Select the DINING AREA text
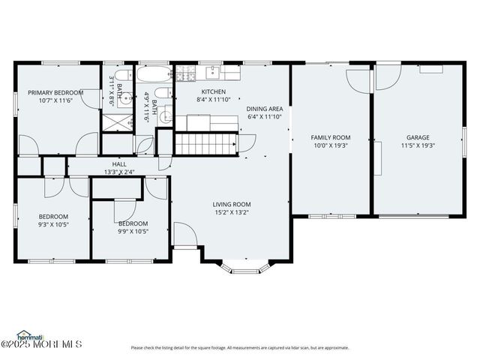265,109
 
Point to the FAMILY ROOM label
331,137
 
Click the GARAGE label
418,137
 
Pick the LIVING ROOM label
231,204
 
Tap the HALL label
119,164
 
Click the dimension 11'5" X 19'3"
418,146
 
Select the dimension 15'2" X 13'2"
231,213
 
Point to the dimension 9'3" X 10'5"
54,224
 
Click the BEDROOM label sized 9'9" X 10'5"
133,223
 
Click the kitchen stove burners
184,74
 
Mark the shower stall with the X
116,121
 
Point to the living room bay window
245,266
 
